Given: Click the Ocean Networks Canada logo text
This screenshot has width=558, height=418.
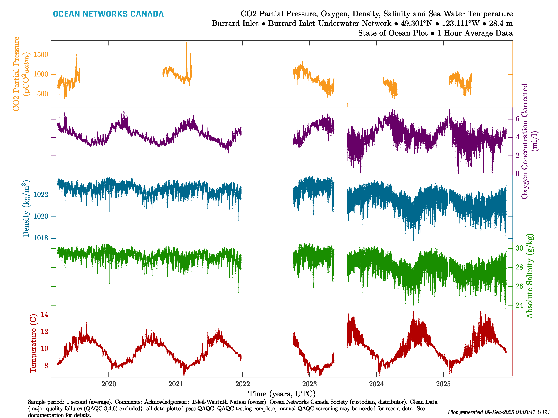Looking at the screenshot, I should pyautogui.click(x=108, y=14).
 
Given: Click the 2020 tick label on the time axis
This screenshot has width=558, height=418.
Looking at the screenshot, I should pyautogui.click(x=109, y=384).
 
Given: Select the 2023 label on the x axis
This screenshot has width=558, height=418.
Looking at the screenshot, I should pyautogui.click(x=309, y=384).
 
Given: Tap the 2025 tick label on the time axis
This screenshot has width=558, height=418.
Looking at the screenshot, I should pyautogui.click(x=443, y=384).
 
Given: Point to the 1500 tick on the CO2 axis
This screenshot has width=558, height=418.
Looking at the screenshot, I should pyautogui.click(x=41, y=55).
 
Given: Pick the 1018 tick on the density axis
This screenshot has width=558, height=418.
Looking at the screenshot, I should pyautogui.click(x=41, y=238).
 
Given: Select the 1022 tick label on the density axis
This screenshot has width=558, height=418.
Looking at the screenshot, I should pyautogui.click(x=41, y=195).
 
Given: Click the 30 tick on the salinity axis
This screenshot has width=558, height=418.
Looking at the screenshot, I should pyautogui.click(x=519, y=248).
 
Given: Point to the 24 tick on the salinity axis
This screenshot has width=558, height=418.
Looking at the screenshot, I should pyautogui.click(x=519, y=305).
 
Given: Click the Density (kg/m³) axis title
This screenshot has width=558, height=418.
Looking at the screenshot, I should pyautogui.click(x=26, y=209).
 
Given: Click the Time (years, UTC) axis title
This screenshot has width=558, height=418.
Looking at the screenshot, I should pyautogui.click(x=282, y=394).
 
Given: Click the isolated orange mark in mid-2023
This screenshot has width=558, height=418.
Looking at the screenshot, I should pyautogui.click(x=347, y=104).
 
